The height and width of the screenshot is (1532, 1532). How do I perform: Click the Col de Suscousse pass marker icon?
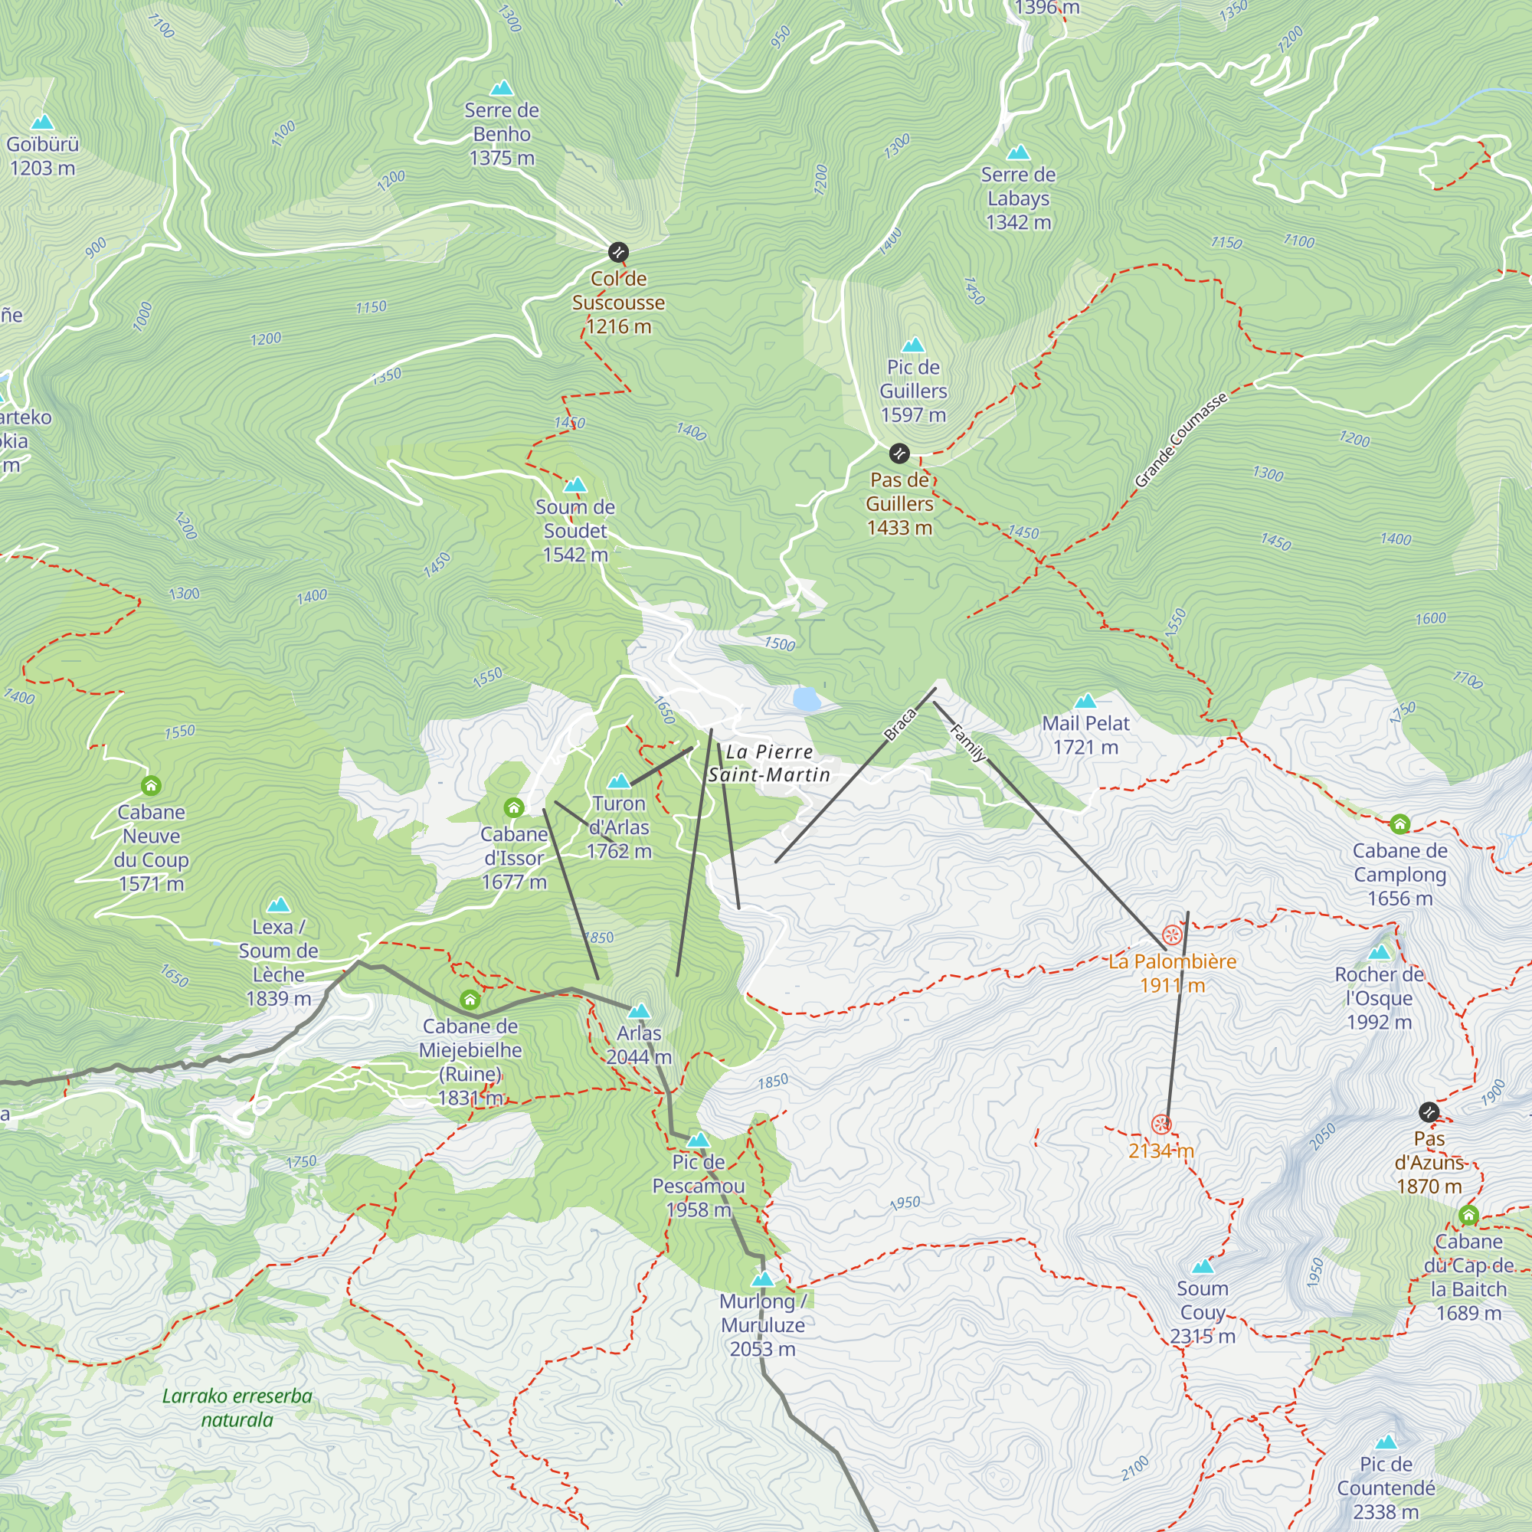617,252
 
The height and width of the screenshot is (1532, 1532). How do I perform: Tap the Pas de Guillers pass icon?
899,453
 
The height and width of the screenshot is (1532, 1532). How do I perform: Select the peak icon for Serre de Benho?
501,88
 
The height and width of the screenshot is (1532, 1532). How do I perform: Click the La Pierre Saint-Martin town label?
768,763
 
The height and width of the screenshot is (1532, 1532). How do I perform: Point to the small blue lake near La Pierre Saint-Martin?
807,699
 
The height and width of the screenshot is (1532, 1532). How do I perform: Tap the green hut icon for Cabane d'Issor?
514,808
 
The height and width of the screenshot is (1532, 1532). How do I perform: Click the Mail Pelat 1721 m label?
1085,735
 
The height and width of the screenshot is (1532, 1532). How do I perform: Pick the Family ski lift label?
967,743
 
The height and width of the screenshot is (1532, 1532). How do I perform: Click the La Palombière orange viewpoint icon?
1171,935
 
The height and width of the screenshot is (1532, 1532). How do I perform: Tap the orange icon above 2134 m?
1161,1124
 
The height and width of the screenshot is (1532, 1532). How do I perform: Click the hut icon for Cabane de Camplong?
1399,824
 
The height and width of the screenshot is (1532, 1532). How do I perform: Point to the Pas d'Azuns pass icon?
1428,1112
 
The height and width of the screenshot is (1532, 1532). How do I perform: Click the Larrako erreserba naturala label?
237,1407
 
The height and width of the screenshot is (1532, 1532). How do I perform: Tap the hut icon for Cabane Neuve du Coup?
151,786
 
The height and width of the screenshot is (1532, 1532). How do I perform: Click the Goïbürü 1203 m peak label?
42,155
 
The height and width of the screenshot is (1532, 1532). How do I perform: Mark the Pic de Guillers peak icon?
913,345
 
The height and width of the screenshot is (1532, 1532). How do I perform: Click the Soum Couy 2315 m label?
1202,1312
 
